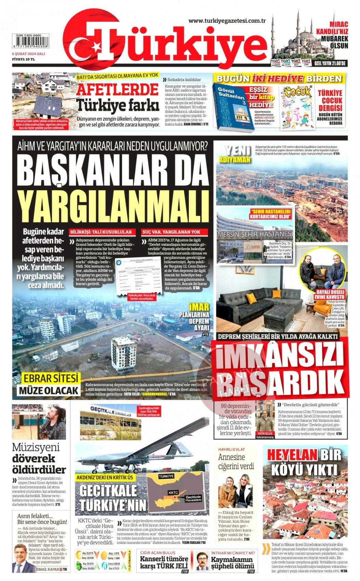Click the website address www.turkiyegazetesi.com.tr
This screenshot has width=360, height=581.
(227, 21)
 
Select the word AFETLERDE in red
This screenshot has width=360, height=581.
(117, 90)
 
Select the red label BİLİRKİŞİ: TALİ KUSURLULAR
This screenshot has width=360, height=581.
(101, 232)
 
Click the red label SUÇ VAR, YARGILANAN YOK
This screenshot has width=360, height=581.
(171, 232)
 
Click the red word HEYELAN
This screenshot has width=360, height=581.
(291, 455)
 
